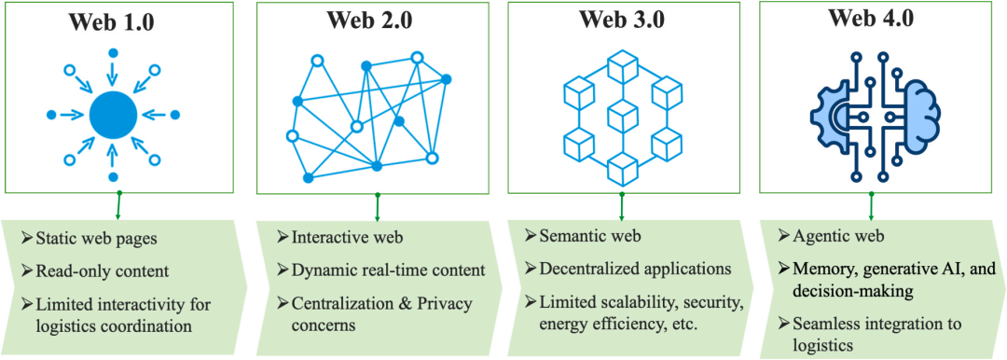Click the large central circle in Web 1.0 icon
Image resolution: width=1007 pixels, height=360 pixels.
113,116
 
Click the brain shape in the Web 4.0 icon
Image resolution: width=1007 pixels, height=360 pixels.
916,115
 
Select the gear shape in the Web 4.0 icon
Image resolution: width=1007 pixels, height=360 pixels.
833,116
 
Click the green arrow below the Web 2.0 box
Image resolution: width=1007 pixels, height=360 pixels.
378,206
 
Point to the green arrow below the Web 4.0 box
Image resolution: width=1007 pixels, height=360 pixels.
872,206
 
